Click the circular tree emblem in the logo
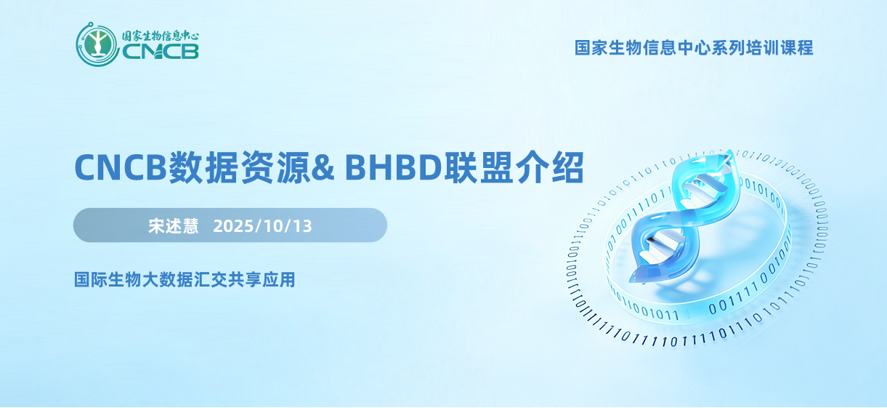coord(97,44)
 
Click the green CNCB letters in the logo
coord(161,52)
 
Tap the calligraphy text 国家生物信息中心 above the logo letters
coord(161,36)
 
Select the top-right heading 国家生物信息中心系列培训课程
coord(694,48)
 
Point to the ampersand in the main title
coord(323,168)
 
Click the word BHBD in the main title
coord(393,168)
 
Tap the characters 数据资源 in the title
coord(239,167)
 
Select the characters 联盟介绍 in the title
coord(514,167)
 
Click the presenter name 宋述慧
coord(174,226)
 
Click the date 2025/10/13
coord(262,226)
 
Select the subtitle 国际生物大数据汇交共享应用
coord(185,279)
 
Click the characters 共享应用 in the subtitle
coord(262,279)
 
